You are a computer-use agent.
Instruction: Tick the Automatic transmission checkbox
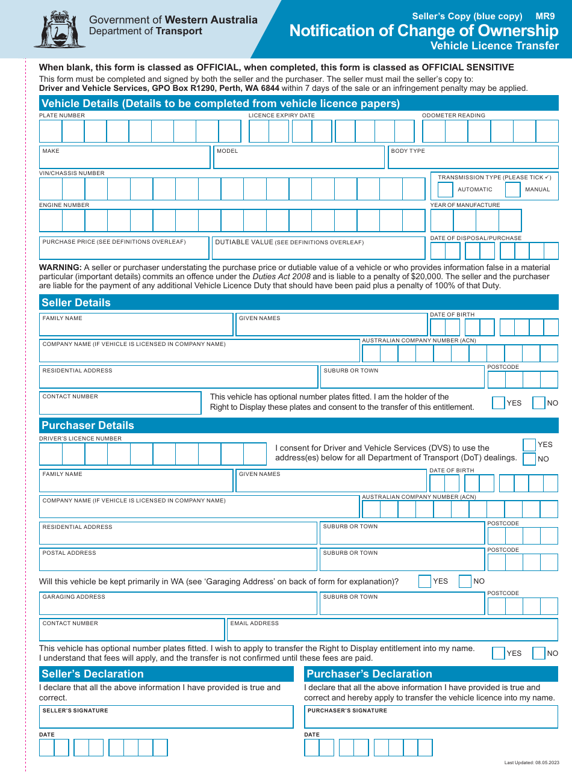(445, 190)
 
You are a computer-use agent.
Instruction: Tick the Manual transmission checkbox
(512, 190)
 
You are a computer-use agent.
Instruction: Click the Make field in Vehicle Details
(125, 158)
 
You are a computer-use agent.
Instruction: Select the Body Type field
(473, 158)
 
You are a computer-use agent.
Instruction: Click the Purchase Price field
(124, 249)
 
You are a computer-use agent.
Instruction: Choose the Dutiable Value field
(318, 249)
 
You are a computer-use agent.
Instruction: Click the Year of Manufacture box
(476, 220)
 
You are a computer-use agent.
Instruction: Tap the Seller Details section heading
(76, 303)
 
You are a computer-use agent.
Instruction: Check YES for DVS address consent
(529, 445)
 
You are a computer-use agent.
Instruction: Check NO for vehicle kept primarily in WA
(465, 581)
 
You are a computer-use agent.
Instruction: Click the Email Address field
(392, 630)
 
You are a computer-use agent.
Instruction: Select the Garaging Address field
(178, 604)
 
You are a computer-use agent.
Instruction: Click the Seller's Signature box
(166, 717)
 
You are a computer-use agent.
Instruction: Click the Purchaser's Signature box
(431, 717)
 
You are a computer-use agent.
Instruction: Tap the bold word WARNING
(60, 267)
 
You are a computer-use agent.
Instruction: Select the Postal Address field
(178, 560)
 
